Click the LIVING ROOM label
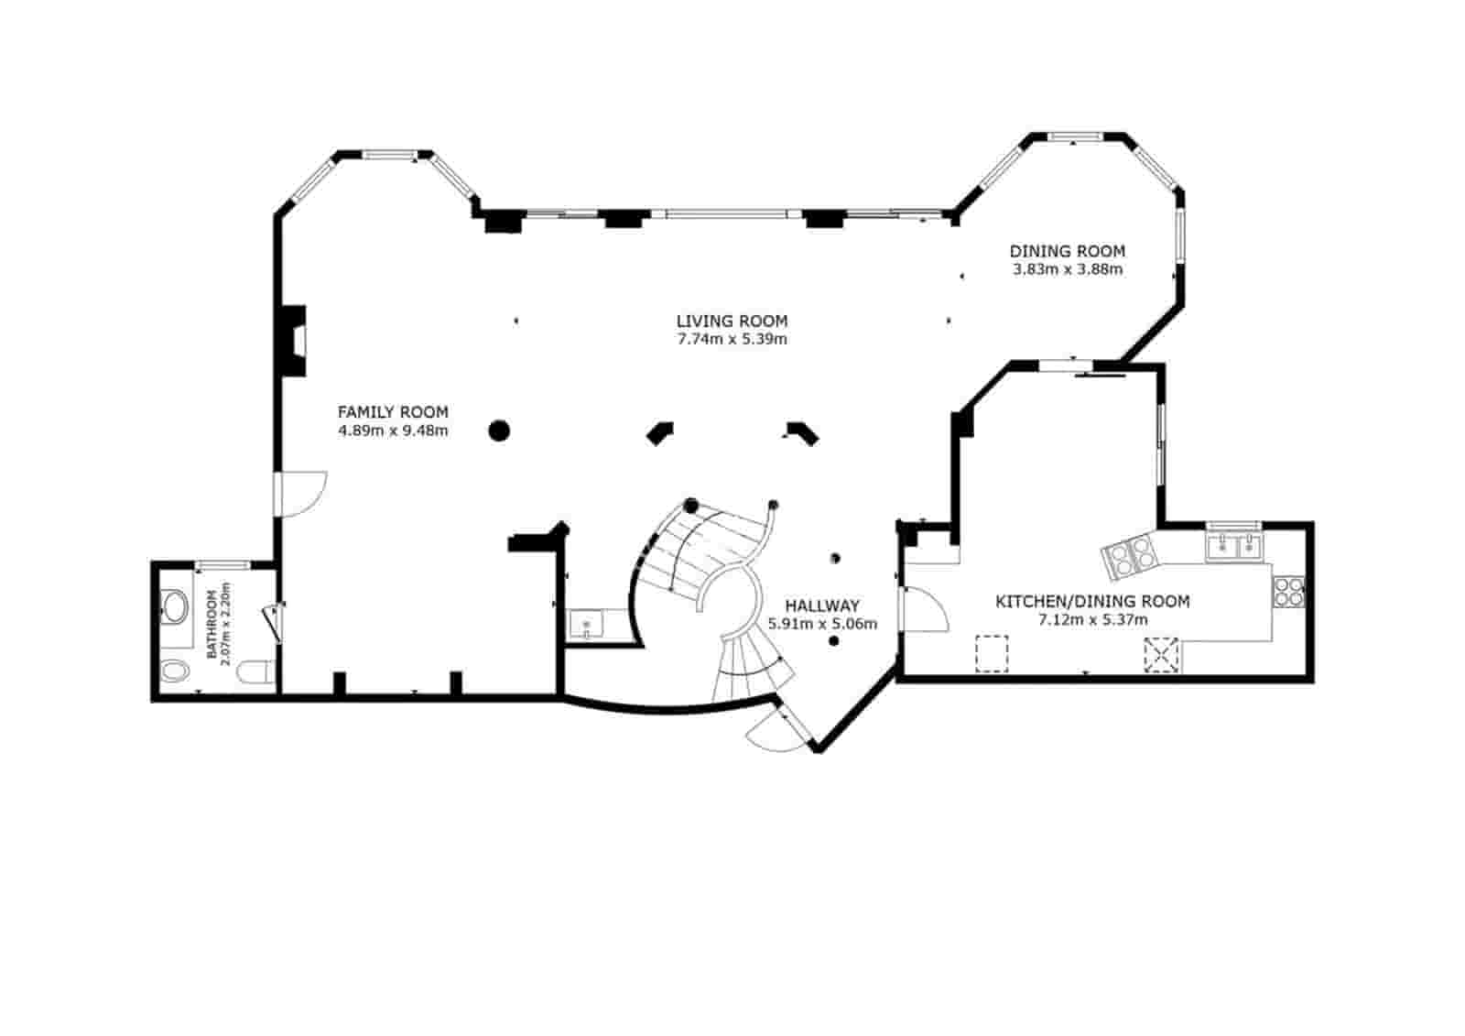coord(732,321)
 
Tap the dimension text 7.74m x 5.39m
coord(732,339)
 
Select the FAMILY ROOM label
coord(393,412)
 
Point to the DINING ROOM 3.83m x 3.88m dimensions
coord(1068,269)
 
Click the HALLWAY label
coord(822,605)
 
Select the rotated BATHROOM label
coord(212,625)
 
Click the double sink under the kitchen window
coord(1234,547)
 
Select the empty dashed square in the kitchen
coord(992,654)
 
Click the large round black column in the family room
coord(498,431)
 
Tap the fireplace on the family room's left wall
coord(293,340)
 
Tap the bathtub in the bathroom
coord(175,605)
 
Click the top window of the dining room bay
coord(1076,136)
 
